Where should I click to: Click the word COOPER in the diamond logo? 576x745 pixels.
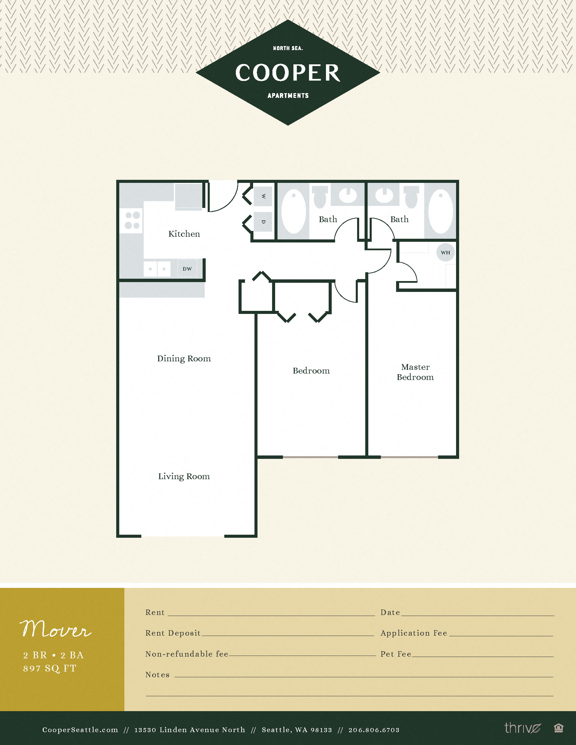coord(288,73)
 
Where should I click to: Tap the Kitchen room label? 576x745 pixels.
coord(184,234)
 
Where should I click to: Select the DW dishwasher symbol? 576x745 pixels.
coord(187,269)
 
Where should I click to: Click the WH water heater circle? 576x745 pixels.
coord(445,252)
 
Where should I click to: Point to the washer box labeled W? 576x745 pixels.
coord(263,196)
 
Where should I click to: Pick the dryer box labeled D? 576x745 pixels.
coord(263,222)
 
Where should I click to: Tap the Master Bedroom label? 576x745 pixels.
coord(415,372)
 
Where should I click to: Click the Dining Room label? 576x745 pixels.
coord(184,359)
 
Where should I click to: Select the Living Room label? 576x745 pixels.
coord(184,476)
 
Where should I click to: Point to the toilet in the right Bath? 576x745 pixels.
coord(412,197)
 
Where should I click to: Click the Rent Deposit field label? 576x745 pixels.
coord(173,633)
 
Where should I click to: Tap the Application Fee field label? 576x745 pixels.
coord(414,633)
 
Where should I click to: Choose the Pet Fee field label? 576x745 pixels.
coord(396,654)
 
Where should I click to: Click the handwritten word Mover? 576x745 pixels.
coord(56,629)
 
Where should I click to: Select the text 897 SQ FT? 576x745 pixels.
coord(50,668)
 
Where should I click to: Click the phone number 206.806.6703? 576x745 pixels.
coord(374,730)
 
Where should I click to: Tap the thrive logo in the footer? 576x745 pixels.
coord(522,728)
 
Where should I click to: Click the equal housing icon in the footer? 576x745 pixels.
coord(558,728)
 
